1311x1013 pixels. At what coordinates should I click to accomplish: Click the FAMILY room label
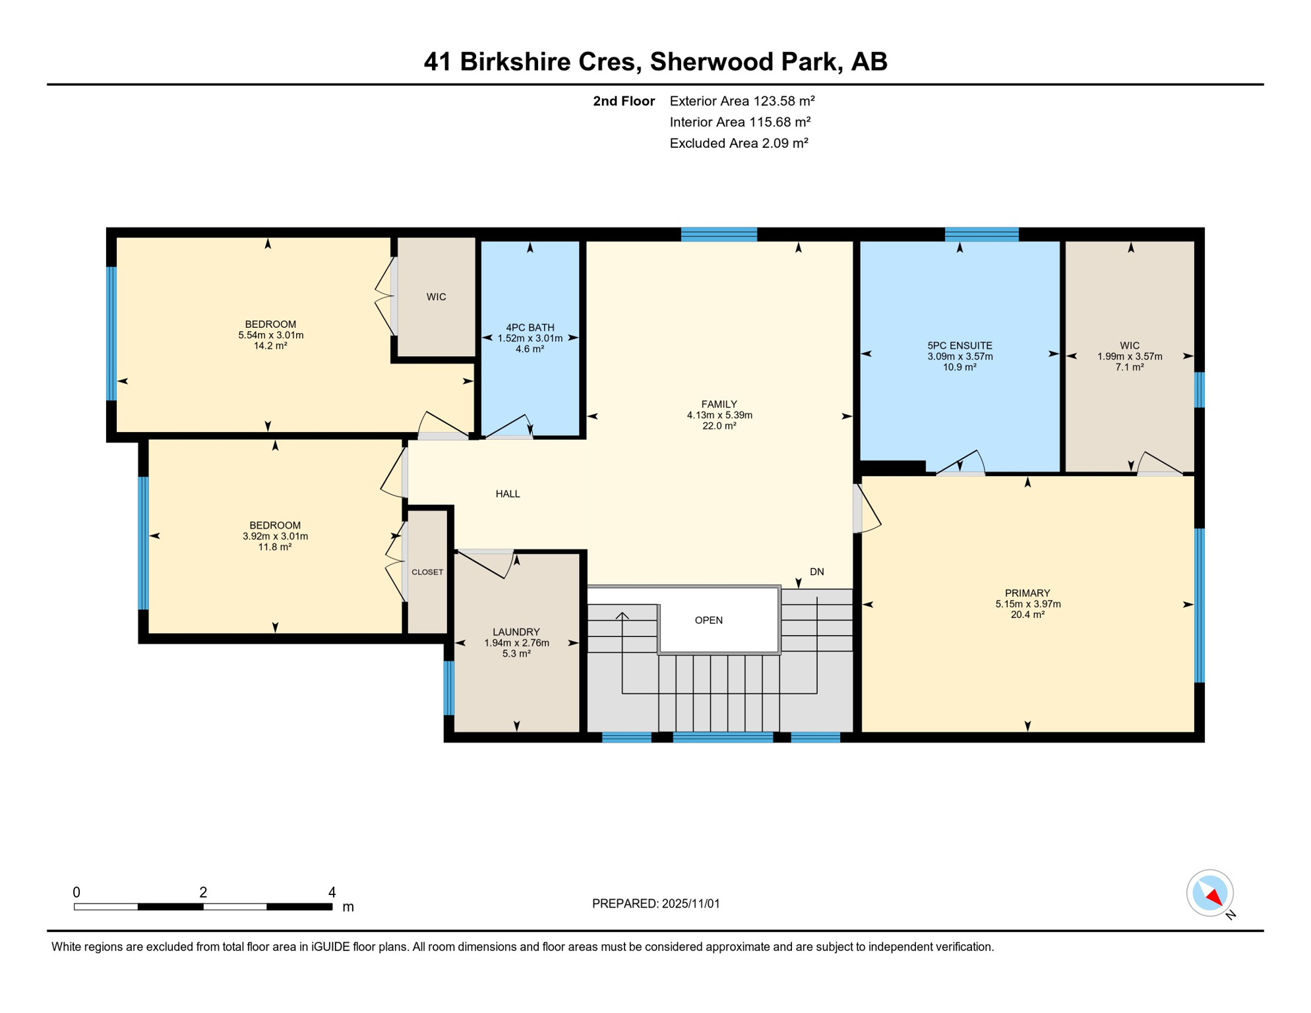(719, 404)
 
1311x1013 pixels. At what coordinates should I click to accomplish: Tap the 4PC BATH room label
(530, 327)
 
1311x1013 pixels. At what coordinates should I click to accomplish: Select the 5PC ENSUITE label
(960, 345)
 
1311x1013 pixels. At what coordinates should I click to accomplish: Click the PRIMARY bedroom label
(1027, 593)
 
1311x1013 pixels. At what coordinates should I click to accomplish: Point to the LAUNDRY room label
(516, 632)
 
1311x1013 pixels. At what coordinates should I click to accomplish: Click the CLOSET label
(427, 572)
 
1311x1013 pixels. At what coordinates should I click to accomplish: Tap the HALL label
(507, 494)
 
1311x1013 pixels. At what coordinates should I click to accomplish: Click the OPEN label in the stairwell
(708, 620)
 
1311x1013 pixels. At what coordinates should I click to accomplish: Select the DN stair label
(816, 572)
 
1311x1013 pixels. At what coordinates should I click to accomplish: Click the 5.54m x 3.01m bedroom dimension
(270, 335)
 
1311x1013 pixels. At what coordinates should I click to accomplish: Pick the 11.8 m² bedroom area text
(274, 547)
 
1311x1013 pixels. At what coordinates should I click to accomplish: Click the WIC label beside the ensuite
(1129, 345)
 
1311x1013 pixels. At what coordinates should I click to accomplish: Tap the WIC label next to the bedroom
(436, 297)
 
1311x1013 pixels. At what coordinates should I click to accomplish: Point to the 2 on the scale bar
(203, 892)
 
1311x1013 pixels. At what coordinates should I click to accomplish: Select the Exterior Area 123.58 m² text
(742, 101)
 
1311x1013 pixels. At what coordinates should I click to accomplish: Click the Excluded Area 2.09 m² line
(739, 143)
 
